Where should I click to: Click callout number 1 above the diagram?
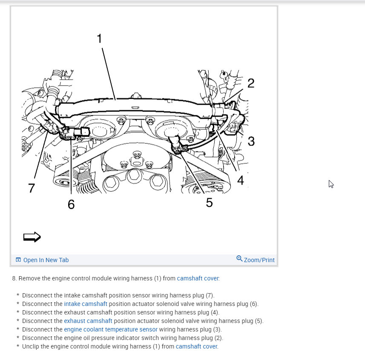(99, 39)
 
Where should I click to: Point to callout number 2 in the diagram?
(251, 83)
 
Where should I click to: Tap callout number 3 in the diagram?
(251, 141)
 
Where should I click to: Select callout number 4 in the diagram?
(241, 180)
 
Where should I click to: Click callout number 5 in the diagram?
(209, 203)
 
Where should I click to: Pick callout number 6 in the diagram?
(71, 205)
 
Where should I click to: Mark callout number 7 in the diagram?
(32, 188)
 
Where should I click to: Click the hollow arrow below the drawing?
(32, 237)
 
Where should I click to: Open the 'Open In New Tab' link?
(46, 260)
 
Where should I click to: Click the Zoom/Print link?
(259, 260)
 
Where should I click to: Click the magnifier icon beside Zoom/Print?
(239, 259)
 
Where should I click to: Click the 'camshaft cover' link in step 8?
(198, 278)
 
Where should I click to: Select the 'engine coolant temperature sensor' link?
(111, 329)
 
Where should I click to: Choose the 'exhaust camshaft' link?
(88, 321)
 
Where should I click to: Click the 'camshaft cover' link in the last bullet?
(196, 346)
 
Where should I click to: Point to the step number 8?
(14, 278)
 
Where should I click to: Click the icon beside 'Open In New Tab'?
(18, 260)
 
